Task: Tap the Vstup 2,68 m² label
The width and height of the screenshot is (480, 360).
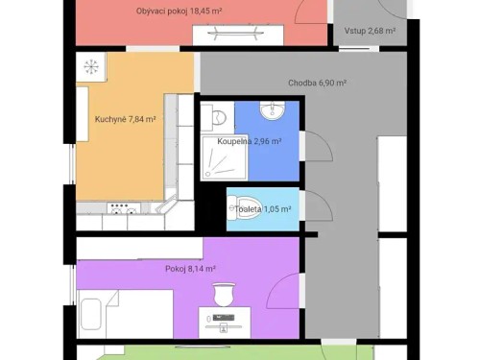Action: coord(370,31)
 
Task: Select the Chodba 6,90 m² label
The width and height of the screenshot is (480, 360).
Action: coord(317,84)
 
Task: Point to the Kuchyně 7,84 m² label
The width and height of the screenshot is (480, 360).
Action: coord(125,120)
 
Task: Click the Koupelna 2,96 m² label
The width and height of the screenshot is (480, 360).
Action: coord(249,141)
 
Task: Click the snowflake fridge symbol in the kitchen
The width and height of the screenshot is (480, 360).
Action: coord(92,67)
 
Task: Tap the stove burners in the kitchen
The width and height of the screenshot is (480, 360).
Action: coord(121,207)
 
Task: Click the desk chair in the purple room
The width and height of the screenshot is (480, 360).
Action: coord(226,292)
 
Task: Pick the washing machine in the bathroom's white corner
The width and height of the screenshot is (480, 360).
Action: coord(216,118)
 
